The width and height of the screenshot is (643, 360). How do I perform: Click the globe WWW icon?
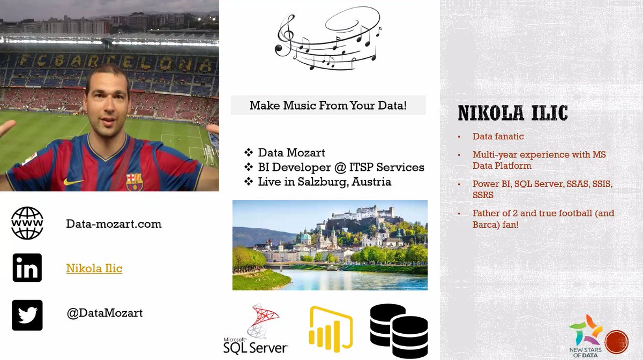(27, 223)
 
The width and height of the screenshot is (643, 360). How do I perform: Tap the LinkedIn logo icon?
(27, 268)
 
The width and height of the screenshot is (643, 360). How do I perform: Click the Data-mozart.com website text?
(114, 224)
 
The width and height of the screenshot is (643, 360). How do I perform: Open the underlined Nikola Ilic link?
(94, 268)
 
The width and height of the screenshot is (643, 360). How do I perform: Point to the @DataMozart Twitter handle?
(104, 313)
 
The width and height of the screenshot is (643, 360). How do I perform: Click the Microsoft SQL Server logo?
(256, 329)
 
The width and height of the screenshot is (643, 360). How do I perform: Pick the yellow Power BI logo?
(331, 329)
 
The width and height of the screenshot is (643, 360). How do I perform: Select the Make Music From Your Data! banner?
(328, 106)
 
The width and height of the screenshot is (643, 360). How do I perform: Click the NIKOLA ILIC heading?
(513, 113)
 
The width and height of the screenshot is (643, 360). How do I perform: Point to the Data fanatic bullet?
(497, 137)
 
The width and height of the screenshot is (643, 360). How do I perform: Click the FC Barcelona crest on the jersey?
(134, 181)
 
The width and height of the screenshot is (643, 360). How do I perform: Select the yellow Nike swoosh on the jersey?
(73, 182)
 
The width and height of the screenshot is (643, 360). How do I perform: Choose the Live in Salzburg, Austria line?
(324, 182)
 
